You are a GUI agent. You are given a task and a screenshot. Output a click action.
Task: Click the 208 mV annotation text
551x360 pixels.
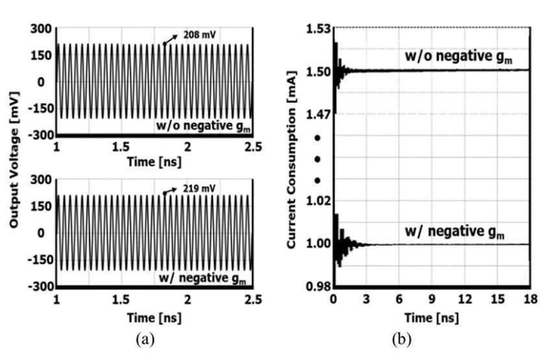click(x=199, y=35)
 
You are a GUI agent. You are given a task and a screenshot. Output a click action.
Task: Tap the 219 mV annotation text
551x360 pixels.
click(x=199, y=189)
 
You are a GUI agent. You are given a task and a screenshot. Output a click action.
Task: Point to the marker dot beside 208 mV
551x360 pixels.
click(x=164, y=44)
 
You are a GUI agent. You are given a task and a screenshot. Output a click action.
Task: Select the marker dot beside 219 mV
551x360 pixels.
click(x=164, y=193)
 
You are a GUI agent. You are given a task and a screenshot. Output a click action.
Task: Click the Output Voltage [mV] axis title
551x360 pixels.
click(x=14, y=160)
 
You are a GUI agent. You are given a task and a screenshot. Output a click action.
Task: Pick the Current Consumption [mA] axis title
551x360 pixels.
click(x=291, y=160)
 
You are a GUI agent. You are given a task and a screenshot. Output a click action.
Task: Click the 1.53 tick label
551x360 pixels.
click(x=319, y=29)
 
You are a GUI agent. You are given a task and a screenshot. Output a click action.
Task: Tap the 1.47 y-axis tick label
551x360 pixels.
click(x=319, y=115)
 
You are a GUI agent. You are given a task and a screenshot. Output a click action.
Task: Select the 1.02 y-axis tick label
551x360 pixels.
click(x=319, y=201)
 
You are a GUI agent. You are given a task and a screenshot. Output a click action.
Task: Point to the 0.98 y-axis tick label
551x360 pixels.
click(x=319, y=287)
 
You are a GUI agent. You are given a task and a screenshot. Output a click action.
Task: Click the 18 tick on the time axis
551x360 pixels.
click(x=530, y=299)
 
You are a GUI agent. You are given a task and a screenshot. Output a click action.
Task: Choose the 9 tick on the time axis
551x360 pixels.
click(x=432, y=299)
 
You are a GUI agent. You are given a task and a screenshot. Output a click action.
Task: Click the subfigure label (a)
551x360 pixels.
click(x=145, y=339)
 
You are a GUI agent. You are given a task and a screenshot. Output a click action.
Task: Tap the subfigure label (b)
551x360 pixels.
click(x=402, y=339)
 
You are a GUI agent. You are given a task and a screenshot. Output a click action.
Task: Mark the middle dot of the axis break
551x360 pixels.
click(x=317, y=160)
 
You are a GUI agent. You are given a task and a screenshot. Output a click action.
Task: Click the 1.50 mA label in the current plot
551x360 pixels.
click(x=319, y=71)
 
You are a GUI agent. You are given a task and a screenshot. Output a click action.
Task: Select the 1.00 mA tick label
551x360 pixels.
click(x=319, y=243)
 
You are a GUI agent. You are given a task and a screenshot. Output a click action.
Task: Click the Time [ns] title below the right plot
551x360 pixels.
click(x=432, y=318)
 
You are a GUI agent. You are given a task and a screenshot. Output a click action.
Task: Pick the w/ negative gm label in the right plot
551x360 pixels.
click(x=455, y=232)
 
